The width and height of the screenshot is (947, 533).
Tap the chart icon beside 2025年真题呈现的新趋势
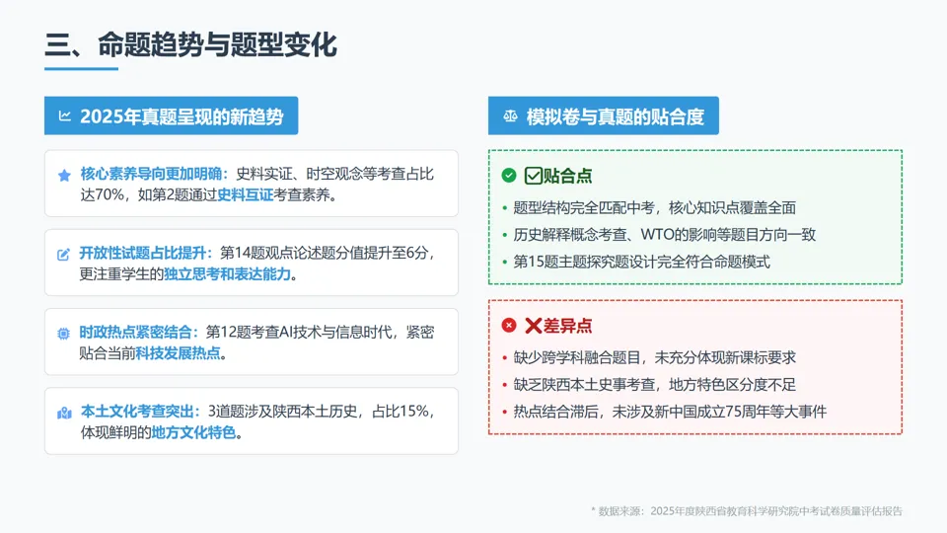click(65, 116)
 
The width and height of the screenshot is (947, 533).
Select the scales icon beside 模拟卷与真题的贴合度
click(510, 116)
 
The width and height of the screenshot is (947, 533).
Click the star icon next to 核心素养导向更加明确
click(65, 175)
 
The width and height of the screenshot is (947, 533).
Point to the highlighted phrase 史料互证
click(245, 194)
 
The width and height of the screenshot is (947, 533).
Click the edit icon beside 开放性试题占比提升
click(65, 254)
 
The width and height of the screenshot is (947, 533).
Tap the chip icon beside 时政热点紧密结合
click(65, 334)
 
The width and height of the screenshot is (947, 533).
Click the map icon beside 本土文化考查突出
click(65, 413)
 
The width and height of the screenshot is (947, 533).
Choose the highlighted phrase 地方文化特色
click(193, 431)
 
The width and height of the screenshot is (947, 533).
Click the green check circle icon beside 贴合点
click(509, 176)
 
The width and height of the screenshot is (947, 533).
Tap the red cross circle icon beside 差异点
click(509, 326)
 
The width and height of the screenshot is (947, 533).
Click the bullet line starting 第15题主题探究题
click(641, 262)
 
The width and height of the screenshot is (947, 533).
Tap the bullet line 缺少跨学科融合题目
click(654, 357)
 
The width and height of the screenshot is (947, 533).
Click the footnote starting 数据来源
click(747, 511)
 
